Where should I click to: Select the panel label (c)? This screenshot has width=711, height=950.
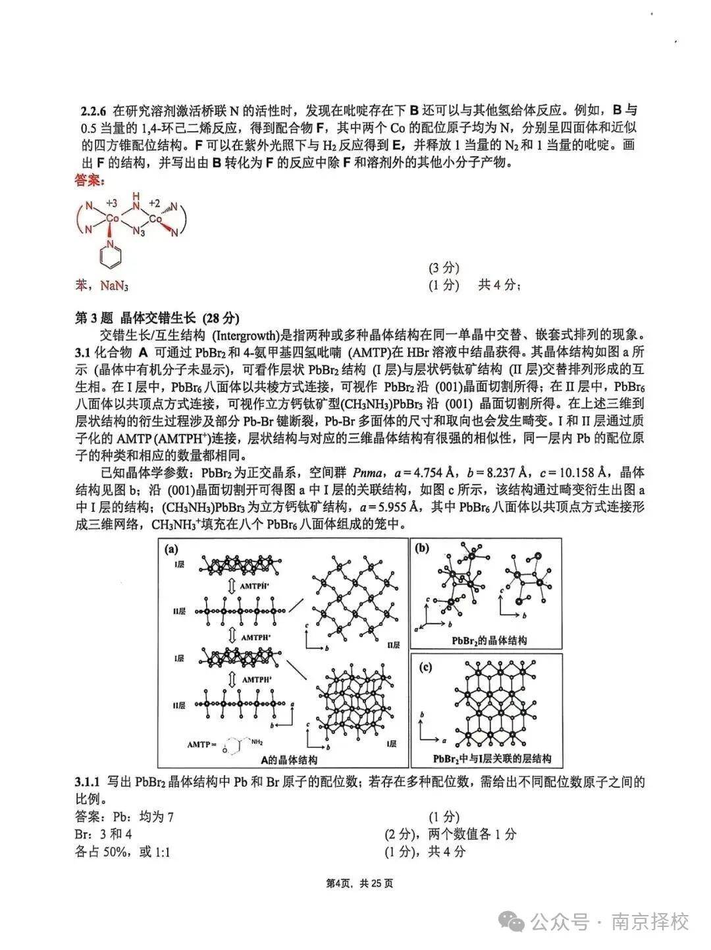click(x=425, y=667)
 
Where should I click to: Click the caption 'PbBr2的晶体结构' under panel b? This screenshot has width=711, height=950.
click(x=488, y=640)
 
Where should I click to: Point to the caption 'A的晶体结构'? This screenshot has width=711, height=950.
click(x=288, y=760)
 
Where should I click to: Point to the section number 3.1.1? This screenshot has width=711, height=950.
click(x=88, y=782)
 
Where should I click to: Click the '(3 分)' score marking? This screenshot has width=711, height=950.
click(x=444, y=267)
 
